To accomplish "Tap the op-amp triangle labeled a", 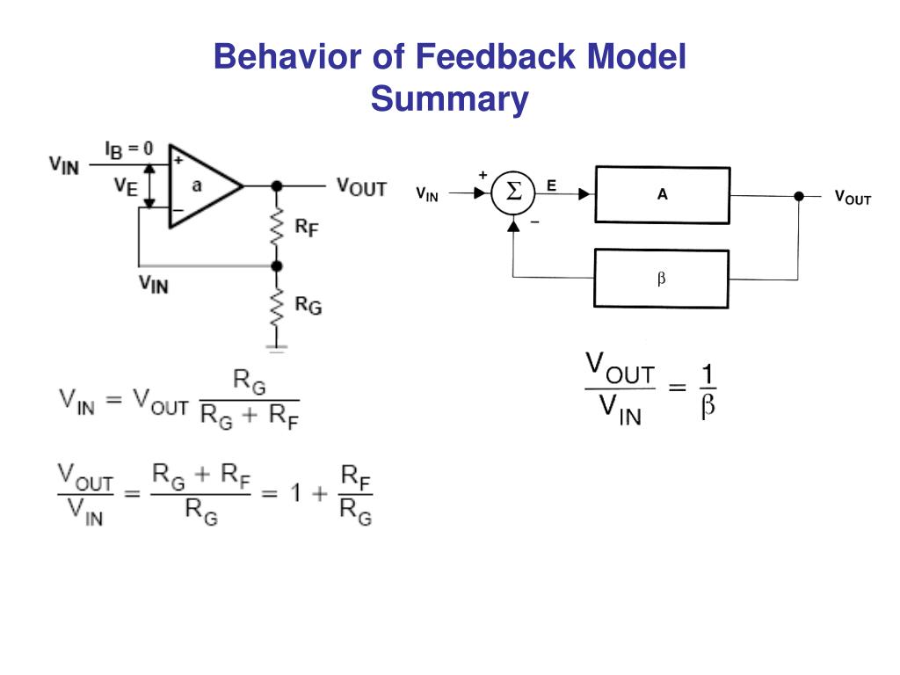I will (199, 185).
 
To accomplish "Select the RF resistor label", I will (305, 227).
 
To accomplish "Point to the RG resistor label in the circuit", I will (307, 305).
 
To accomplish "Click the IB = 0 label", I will (128, 149).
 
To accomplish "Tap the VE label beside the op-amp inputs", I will (125, 186).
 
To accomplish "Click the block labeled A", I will (662, 194).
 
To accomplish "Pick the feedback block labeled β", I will (662, 279).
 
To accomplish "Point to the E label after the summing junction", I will (551, 185).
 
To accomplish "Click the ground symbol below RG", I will (277, 348).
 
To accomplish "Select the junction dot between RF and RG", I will (277, 265).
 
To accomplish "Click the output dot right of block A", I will (799, 195).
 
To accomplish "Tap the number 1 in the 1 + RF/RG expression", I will (297, 493).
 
